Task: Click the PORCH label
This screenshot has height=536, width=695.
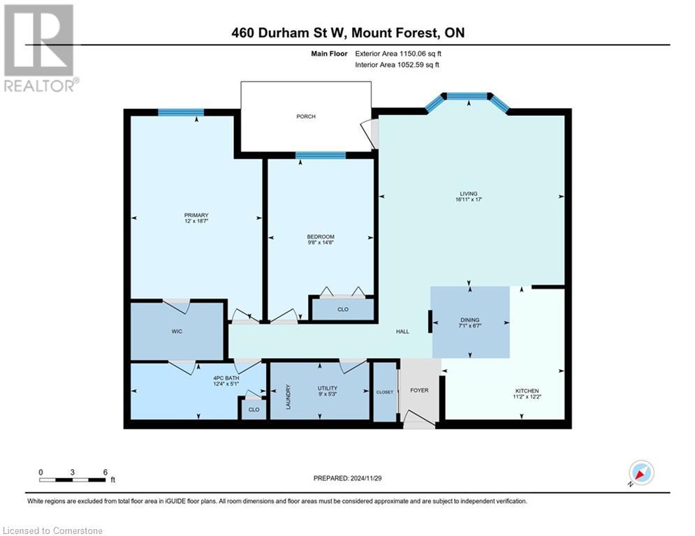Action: click(x=306, y=117)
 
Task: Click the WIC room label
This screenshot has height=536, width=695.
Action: click(x=177, y=331)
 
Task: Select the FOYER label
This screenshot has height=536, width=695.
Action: click(x=419, y=391)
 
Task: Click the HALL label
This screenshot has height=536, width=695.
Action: click(x=402, y=332)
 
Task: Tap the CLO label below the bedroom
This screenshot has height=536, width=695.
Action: click(x=342, y=309)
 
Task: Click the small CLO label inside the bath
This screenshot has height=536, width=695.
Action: click(x=253, y=410)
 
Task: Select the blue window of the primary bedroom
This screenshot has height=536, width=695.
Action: click(x=180, y=112)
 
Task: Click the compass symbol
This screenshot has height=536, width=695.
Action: click(x=641, y=472)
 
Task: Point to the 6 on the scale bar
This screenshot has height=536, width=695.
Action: click(x=105, y=472)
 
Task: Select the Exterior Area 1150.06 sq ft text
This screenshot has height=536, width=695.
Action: click(x=398, y=53)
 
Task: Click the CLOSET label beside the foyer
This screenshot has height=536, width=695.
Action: click(x=385, y=392)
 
